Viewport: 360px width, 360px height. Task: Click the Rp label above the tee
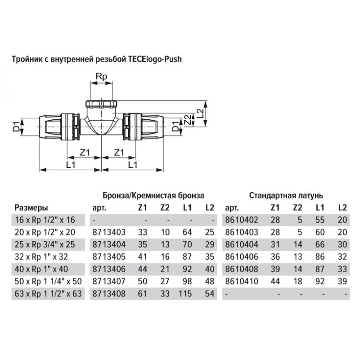pos(101,76)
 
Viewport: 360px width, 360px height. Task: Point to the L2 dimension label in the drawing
pos(200,113)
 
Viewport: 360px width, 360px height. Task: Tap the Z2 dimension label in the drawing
pos(188,120)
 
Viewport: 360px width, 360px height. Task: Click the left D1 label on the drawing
pos(16,127)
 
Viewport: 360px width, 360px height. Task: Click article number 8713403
pos(109,232)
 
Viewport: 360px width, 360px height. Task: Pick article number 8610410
pos(242,281)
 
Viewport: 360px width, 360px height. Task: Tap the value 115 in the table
pos(185,294)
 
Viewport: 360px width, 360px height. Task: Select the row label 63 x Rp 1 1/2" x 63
pos(48,294)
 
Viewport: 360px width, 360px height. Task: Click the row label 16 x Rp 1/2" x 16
pos(45,220)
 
